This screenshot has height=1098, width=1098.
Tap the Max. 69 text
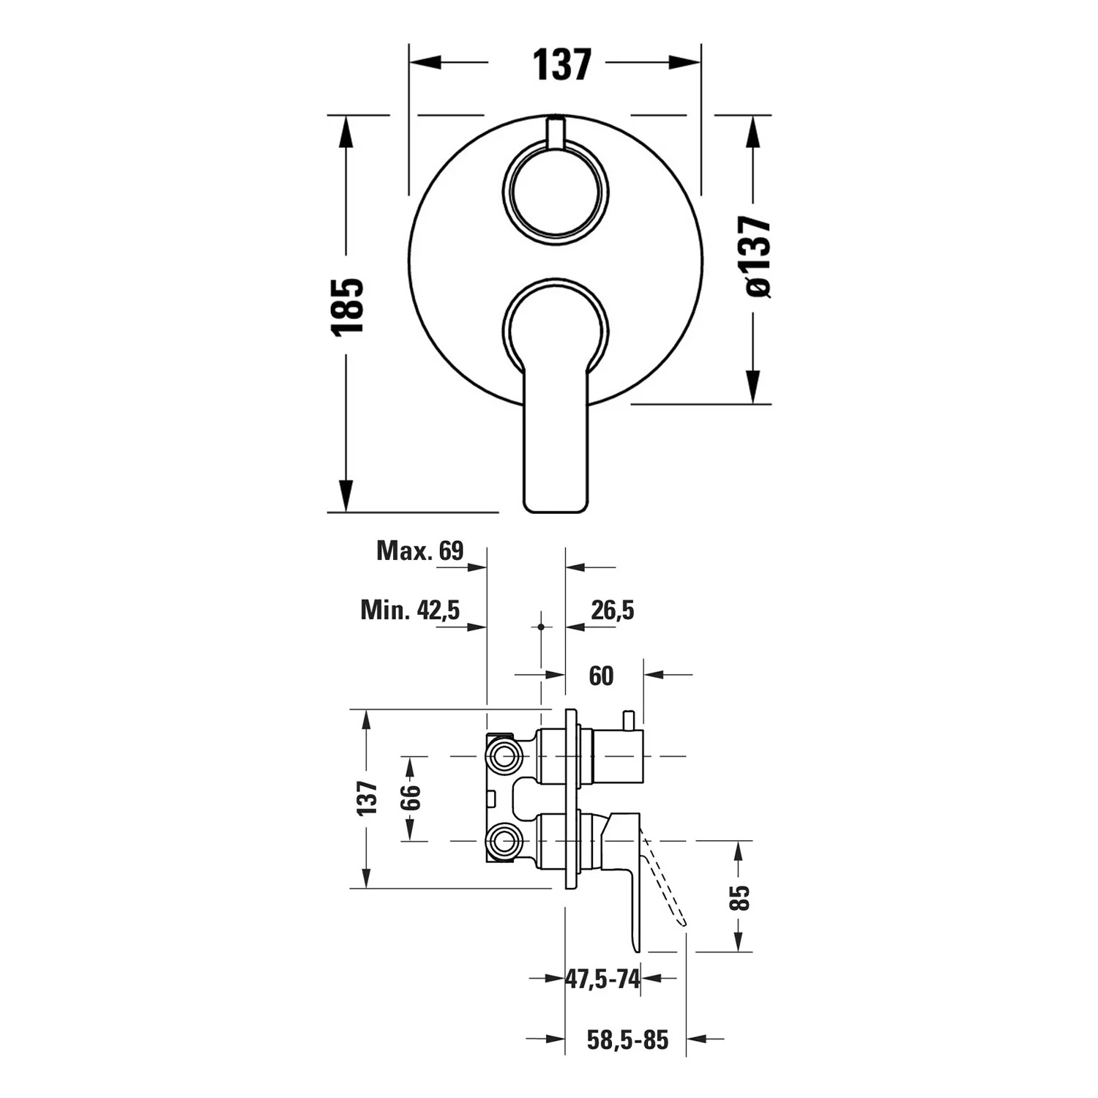coord(420,550)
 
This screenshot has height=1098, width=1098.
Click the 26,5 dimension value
coord(613,610)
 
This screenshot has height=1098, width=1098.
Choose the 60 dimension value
coord(601,676)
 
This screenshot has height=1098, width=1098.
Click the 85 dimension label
coord(741,897)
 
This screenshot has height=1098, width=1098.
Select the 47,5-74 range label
coord(603,978)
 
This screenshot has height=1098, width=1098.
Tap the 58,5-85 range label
coord(628,1039)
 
